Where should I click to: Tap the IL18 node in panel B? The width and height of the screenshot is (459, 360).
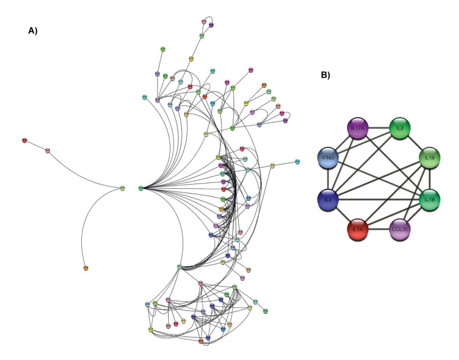(429, 159)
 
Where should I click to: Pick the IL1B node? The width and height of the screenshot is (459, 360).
(429, 201)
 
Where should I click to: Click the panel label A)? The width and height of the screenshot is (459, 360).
(33, 31)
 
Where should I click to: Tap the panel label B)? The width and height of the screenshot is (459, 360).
(325, 75)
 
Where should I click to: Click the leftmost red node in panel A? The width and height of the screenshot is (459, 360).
(24, 140)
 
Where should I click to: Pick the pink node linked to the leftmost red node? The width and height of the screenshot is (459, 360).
(48, 151)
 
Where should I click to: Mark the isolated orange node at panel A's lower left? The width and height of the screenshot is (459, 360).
(86, 269)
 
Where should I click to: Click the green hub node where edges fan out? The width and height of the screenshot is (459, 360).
(141, 188)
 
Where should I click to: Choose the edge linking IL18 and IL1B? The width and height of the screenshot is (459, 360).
(429, 180)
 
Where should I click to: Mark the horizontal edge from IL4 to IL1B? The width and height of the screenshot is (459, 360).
(379, 201)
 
